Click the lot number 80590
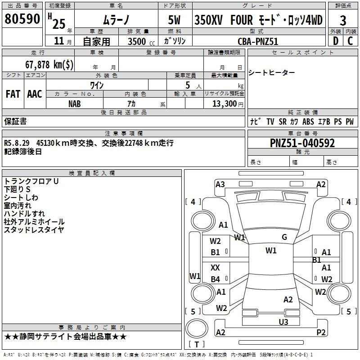tap(22, 19)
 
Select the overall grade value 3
tap(343, 21)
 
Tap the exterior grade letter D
tap(336, 41)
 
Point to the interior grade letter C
tap(350, 41)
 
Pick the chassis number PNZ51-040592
tap(302, 143)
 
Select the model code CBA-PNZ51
tap(258, 41)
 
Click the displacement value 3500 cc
tap(141, 41)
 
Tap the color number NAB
tap(74, 104)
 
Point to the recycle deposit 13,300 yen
tap(228, 104)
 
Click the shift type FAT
tap(13, 94)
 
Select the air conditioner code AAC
tap(35, 94)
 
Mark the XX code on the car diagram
tap(215, 268)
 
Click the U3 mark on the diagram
tap(283, 322)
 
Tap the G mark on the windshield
tap(284, 237)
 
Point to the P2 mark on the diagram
tap(321, 332)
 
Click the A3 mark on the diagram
tap(220, 184)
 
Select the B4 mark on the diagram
tap(216, 279)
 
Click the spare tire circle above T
tap(197, 328)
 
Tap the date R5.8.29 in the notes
tap(17, 143)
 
